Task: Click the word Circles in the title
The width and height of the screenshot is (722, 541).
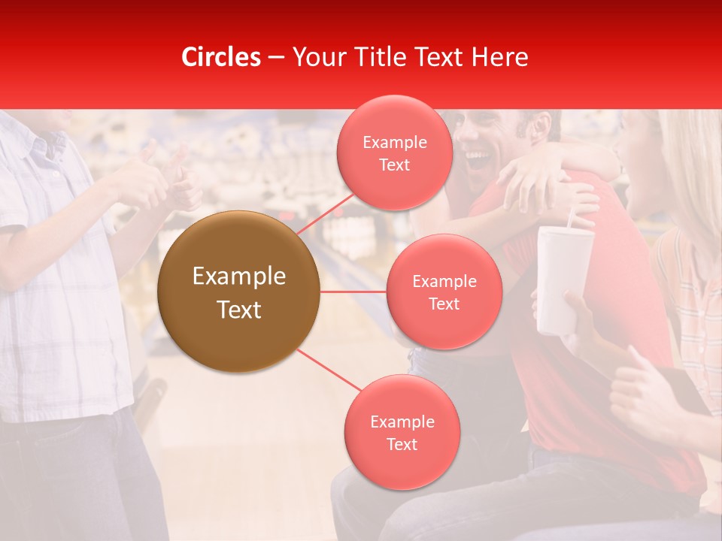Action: click(x=220, y=57)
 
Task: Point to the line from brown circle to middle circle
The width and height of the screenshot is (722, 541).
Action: click(x=353, y=292)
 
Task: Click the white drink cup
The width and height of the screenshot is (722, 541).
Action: click(x=563, y=278)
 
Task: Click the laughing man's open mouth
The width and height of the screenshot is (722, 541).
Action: click(x=478, y=159)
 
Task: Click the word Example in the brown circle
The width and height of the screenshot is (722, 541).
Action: click(x=239, y=277)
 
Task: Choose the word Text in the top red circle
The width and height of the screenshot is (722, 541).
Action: click(x=394, y=165)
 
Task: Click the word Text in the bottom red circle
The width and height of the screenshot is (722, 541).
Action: click(x=402, y=444)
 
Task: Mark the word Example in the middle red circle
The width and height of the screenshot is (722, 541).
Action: click(x=444, y=282)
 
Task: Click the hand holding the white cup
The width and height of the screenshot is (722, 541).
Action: click(x=579, y=316)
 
